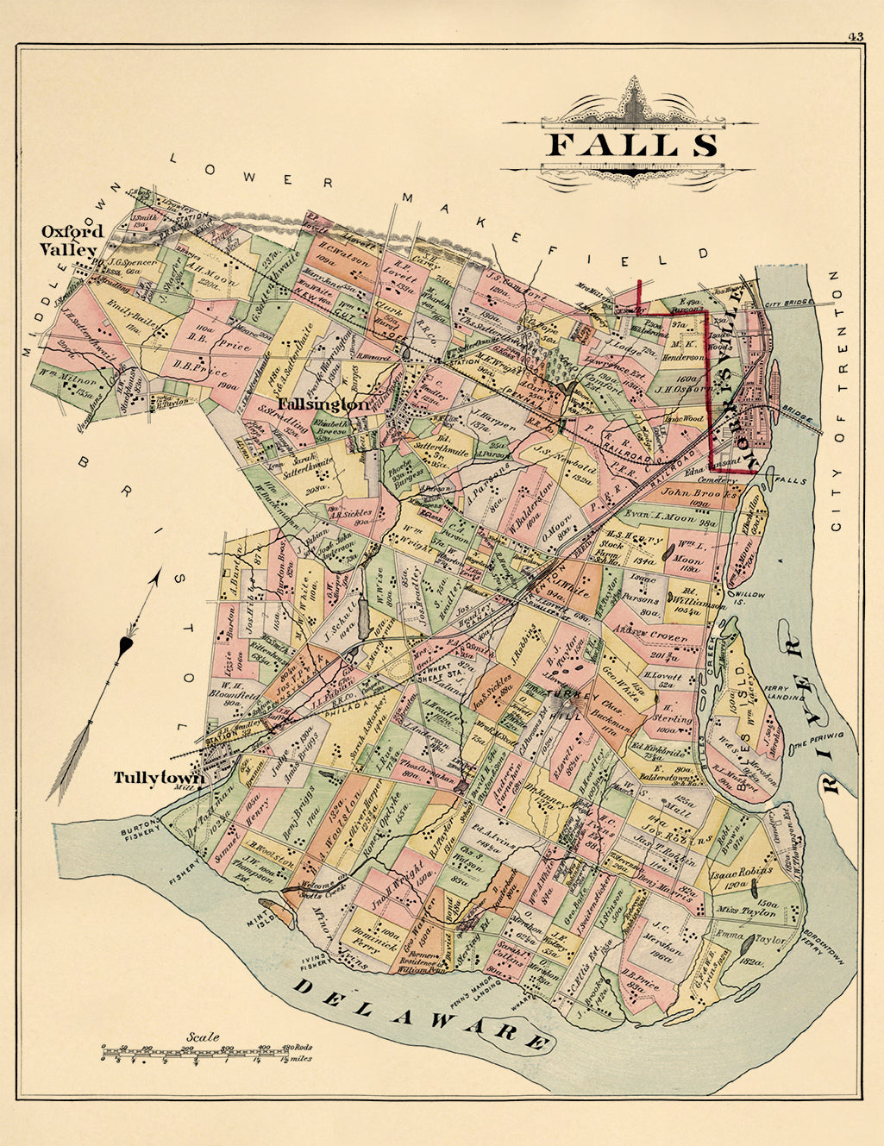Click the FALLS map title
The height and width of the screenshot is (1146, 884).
(631, 143)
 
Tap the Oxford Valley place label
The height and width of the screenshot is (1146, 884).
(72, 241)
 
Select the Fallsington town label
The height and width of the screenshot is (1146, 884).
(323, 404)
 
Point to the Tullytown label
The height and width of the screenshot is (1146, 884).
(159, 778)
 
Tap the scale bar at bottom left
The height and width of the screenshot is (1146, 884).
(206, 1052)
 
